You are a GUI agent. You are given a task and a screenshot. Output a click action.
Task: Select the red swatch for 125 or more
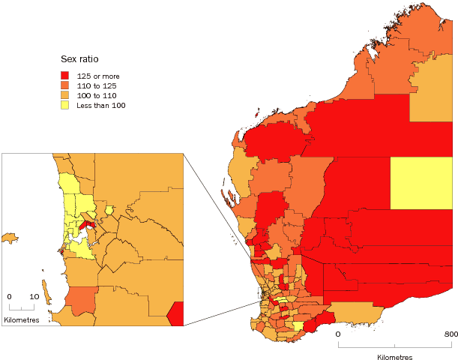pyautogui.click(x=66, y=76)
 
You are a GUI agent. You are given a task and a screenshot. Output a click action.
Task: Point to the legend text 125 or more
pyautogui.click(x=99, y=76)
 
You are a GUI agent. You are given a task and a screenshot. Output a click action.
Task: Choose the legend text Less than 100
pyautogui.click(x=101, y=105)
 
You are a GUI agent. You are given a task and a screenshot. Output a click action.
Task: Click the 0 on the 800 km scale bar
pyautogui.click(x=338, y=334)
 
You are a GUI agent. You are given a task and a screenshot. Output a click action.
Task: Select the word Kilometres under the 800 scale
pyautogui.click(x=395, y=357)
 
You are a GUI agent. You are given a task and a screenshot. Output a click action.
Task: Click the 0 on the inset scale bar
pyautogui.click(x=10, y=296)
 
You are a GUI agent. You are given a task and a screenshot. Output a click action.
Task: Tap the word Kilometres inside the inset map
pyautogui.click(x=22, y=320)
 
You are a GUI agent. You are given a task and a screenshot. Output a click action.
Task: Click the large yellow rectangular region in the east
pyautogui.click(x=422, y=183)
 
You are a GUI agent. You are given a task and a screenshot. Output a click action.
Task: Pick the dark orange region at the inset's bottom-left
pyautogui.click(x=81, y=300)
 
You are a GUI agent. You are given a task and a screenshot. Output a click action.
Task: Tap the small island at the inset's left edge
pyautogui.click(x=9, y=238)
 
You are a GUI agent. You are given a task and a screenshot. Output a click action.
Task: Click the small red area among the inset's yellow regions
pyautogui.click(x=87, y=224)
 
